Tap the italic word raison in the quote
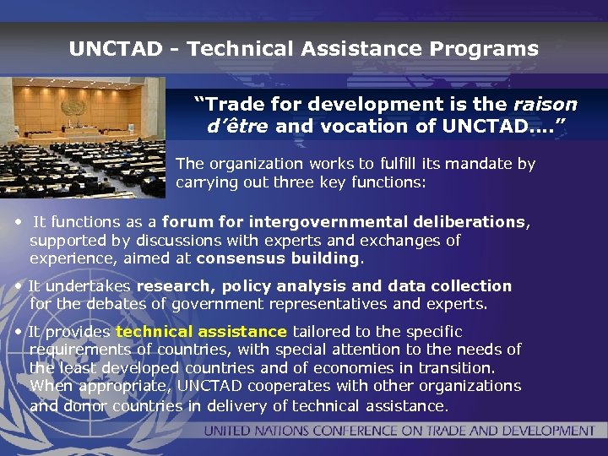click(546, 105)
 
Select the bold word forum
click(187, 222)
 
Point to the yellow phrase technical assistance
click(201, 332)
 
